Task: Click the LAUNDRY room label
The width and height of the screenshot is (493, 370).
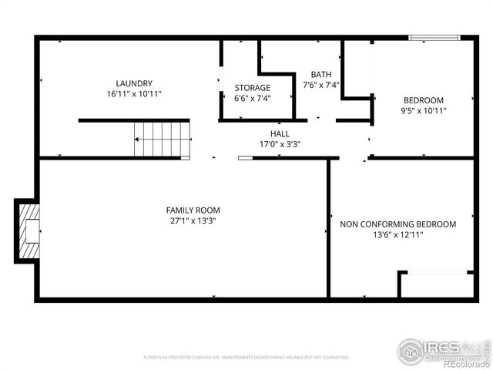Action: click(x=134, y=83)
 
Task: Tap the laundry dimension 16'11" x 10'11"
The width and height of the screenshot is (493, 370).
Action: click(x=134, y=94)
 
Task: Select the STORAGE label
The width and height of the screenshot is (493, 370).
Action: click(x=253, y=88)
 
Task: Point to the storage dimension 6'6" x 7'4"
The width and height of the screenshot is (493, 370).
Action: click(x=253, y=99)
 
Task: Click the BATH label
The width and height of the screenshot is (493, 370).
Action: click(x=321, y=75)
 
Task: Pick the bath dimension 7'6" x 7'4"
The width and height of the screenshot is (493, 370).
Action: click(x=321, y=86)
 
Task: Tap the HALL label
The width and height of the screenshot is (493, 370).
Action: click(x=280, y=133)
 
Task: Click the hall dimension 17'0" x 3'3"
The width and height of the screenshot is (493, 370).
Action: click(x=280, y=144)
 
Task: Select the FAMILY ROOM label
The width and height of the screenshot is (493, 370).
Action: click(x=193, y=210)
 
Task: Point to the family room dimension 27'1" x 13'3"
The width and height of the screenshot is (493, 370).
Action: click(x=193, y=221)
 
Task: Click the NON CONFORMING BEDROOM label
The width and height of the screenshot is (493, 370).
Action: click(x=398, y=224)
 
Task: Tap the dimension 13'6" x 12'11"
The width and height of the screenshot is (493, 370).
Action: click(x=398, y=235)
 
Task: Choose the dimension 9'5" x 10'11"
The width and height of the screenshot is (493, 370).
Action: click(x=424, y=111)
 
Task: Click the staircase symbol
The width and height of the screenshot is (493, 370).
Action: click(x=162, y=139)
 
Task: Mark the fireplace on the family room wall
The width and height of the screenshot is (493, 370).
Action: click(x=28, y=230)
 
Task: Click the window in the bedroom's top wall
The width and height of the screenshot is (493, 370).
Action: click(x=434, y=37)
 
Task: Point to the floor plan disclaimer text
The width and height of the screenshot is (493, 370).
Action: click(x=246, y=358)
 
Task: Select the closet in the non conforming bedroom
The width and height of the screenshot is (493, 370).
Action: click(x=436, y=284)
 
